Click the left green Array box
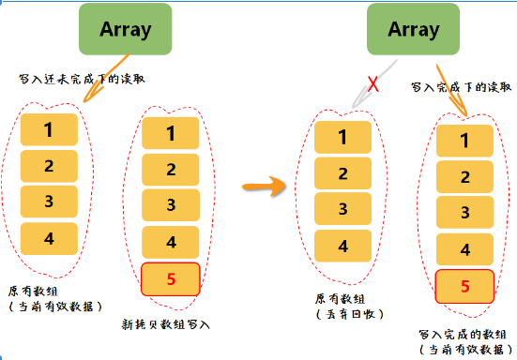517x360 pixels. (126, 29)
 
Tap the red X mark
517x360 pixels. (373, 85)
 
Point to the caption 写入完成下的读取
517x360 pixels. (462, 87)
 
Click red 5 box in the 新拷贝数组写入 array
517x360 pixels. (170, 278)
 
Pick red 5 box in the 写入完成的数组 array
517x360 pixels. (465, 286)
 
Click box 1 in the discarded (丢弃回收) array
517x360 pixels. (342, 139)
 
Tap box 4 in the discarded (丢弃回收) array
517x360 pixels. (342, 246)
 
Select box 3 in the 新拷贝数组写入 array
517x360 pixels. (170, 205)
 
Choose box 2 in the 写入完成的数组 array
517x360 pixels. (465, 177)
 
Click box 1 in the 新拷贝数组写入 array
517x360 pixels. (170, 133)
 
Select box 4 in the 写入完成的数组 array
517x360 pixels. (465, 250)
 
